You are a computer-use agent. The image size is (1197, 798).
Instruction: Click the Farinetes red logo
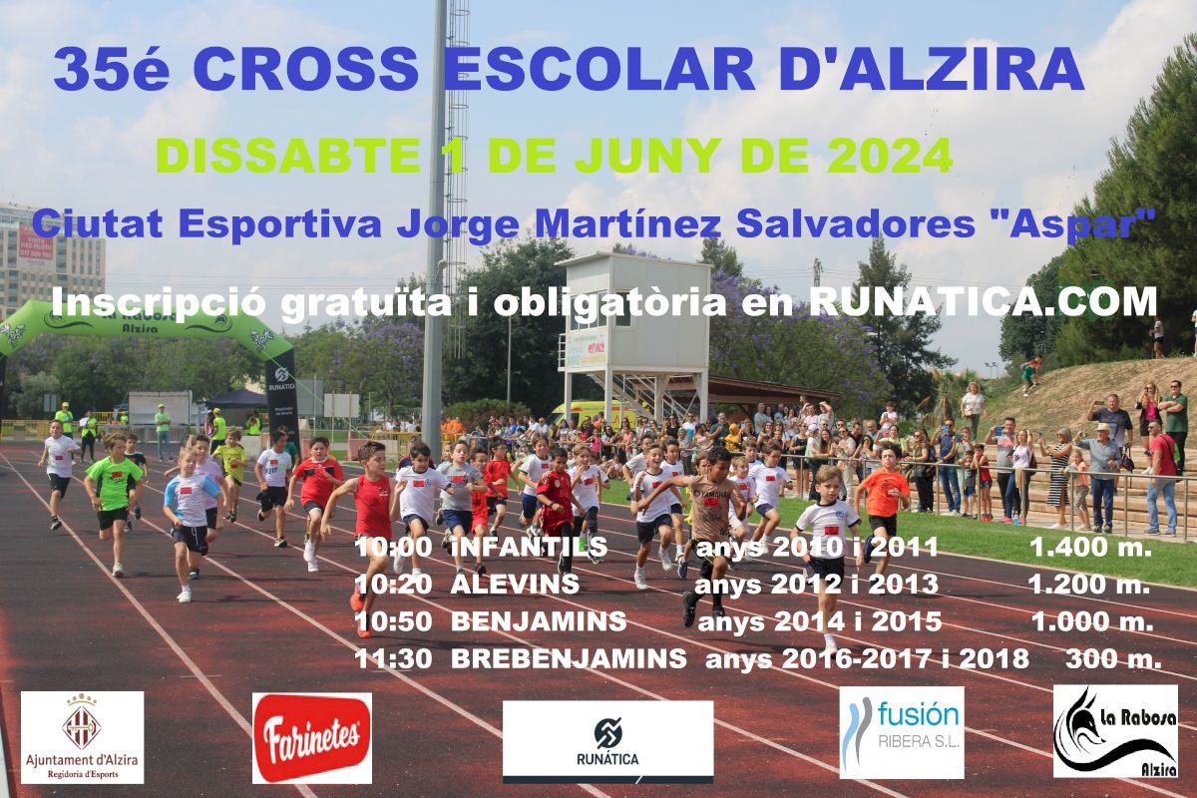tap(312, 738)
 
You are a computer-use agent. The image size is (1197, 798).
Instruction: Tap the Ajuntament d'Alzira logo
tap(82, 737)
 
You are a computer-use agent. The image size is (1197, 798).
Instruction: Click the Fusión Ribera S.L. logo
tap(902, 733)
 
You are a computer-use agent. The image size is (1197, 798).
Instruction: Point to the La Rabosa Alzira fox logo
tap(1115, 730)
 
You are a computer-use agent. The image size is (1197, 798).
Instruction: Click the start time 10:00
tap(393, 547)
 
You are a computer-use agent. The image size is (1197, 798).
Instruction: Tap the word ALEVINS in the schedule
tap(515, 584)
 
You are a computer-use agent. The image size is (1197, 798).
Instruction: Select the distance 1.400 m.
tap(1090, 547)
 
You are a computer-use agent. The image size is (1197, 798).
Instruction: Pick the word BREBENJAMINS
tap(569, 658)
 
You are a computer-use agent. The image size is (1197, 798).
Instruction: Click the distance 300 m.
tap(1113, 659)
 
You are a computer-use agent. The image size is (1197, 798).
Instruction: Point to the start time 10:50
tap(393, 621)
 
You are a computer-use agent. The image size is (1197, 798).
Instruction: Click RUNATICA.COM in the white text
tap(983, 302)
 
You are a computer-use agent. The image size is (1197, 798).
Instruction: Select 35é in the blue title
tap(112, 70)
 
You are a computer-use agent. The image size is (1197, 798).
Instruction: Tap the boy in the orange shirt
tap(881, 502)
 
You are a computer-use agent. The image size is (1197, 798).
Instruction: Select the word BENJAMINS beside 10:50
tap(539, 621)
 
